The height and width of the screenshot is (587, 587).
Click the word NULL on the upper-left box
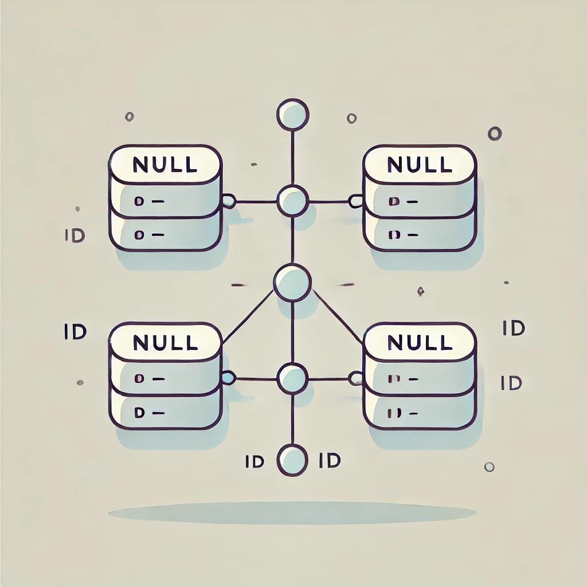(x=165, y=165)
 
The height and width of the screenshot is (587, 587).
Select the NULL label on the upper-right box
(x=419, y=165)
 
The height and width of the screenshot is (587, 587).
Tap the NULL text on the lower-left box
(x=165, y=342)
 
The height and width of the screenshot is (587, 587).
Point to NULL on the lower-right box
(x=419, y=342)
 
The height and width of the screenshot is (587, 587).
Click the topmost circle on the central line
(x=293, y=114)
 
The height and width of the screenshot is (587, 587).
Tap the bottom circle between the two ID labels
(x=292, y=460)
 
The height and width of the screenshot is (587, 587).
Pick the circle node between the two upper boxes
(x=293, y=201)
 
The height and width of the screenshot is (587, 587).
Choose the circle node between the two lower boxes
(x=292, y=378)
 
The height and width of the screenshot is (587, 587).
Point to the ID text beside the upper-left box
(x=76, y=236)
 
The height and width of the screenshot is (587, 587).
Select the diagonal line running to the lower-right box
(x=338, y=317)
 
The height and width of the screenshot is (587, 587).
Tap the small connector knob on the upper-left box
(x=229, y=201)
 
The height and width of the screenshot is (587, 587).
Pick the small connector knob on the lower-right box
(x=356, y=378)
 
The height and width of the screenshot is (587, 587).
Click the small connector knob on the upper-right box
(x=356, y=201)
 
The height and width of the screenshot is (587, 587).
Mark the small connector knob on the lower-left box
(x=229, y=378)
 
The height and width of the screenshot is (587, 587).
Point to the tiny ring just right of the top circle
(x=351, y=119)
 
